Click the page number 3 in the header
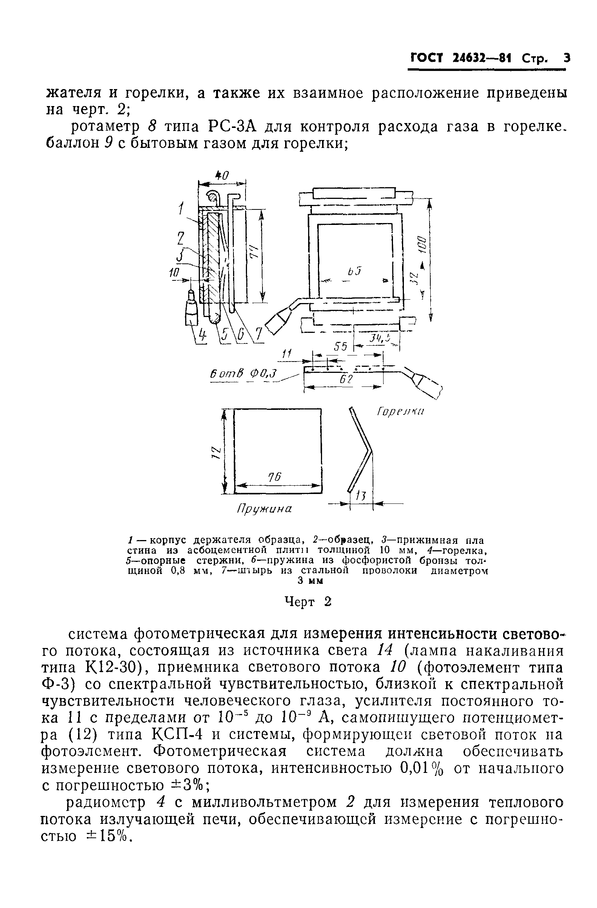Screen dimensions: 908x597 point(567,58)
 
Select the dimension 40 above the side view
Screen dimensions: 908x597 point(221,176)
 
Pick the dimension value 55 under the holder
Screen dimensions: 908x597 point(341,346)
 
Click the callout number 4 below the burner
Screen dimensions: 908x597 point(203,335)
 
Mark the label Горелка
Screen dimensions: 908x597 point(401,412)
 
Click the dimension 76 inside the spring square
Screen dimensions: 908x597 point(274,477)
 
